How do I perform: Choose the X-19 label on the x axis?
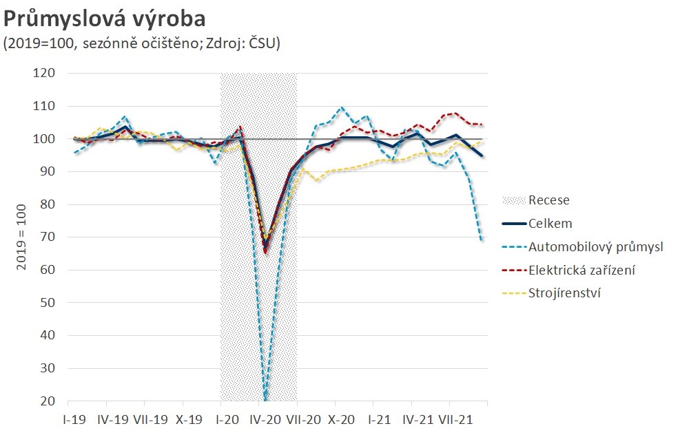189,418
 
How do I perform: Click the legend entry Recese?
549,201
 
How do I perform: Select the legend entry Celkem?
551,224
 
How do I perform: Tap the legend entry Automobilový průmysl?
595,246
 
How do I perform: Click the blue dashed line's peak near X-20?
342,107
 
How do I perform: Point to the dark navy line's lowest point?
266,244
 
